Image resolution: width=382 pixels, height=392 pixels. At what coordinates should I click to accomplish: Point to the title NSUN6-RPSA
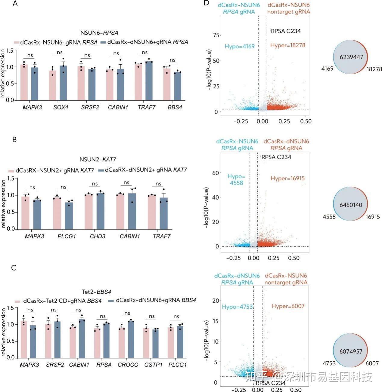click(99, 33)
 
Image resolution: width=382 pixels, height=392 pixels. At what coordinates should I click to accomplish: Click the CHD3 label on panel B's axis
click(98, 236)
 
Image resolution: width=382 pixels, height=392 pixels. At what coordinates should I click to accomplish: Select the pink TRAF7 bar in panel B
click(152, 212)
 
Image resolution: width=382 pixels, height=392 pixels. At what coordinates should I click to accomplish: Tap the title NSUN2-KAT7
click(98, 159)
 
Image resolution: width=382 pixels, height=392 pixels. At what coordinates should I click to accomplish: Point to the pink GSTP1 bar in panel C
click(146, 343)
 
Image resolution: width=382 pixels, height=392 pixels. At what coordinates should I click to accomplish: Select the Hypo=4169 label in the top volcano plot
click(240, 46)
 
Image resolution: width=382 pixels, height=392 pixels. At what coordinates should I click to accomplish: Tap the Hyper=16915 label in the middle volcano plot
click(287, 179)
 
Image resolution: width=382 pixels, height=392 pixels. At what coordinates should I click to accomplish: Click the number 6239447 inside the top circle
click(351, 57)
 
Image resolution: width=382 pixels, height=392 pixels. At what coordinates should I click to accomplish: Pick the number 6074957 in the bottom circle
click(351, 351)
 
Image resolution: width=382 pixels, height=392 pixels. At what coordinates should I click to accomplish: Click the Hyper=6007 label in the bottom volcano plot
click(288, 306)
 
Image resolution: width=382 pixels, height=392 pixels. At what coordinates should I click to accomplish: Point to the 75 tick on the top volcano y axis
click(215, 35)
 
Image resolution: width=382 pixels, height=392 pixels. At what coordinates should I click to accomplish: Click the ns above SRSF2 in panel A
click(87, 55)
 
